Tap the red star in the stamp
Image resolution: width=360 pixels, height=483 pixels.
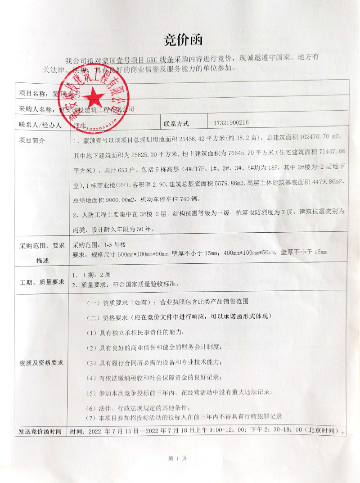point(95,96)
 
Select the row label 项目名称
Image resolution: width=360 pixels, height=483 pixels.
point(34,94)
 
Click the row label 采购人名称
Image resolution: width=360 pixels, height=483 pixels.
point(36,109)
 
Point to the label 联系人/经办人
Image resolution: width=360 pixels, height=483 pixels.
point(40,124)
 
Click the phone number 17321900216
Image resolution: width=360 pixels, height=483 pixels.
point(229,123)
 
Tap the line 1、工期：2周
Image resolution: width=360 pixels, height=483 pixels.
point(91,275)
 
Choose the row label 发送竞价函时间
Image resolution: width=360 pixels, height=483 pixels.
point(40,431)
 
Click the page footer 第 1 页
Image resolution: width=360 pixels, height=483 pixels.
point(177,458)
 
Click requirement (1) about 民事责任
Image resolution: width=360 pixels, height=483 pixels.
point(135,332)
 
